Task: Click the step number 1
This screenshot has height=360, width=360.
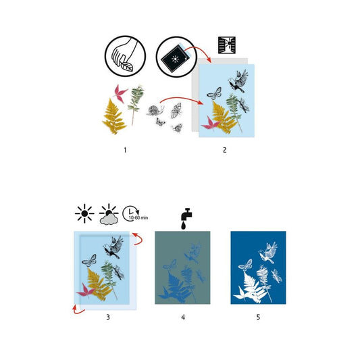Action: click(x=125, y=150)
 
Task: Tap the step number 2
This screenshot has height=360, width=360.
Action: click(x=225, y=150)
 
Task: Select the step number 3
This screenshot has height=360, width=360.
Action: click(x=108, y=317)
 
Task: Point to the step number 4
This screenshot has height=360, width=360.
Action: click(x=183, y=317)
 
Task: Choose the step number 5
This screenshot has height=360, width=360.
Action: click(x=258, y=317)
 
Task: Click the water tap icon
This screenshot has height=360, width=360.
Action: click(x=186, y=219)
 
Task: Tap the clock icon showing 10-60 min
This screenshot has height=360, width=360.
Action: click(x=135, y=213)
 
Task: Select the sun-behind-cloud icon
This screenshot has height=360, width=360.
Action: click(x=109, y=214)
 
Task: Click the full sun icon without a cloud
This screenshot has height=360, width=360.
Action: click(x=84, y=213)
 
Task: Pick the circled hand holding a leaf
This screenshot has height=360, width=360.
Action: click(x=125, y=56)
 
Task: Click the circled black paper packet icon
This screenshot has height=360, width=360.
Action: click(x=176, y=57)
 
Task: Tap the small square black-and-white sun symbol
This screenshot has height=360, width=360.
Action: click(x=227, y=45)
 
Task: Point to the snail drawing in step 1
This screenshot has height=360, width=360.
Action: click(x=155, y=110)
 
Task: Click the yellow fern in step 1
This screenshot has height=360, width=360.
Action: click(x=114, y=116)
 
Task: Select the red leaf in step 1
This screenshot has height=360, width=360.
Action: click(x=120, y=93)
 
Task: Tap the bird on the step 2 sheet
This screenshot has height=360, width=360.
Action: click(x=238, y=81)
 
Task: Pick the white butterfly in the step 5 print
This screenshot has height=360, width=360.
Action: click(x=245, y=265)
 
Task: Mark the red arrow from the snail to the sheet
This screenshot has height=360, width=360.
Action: click(x=180, y=98)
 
